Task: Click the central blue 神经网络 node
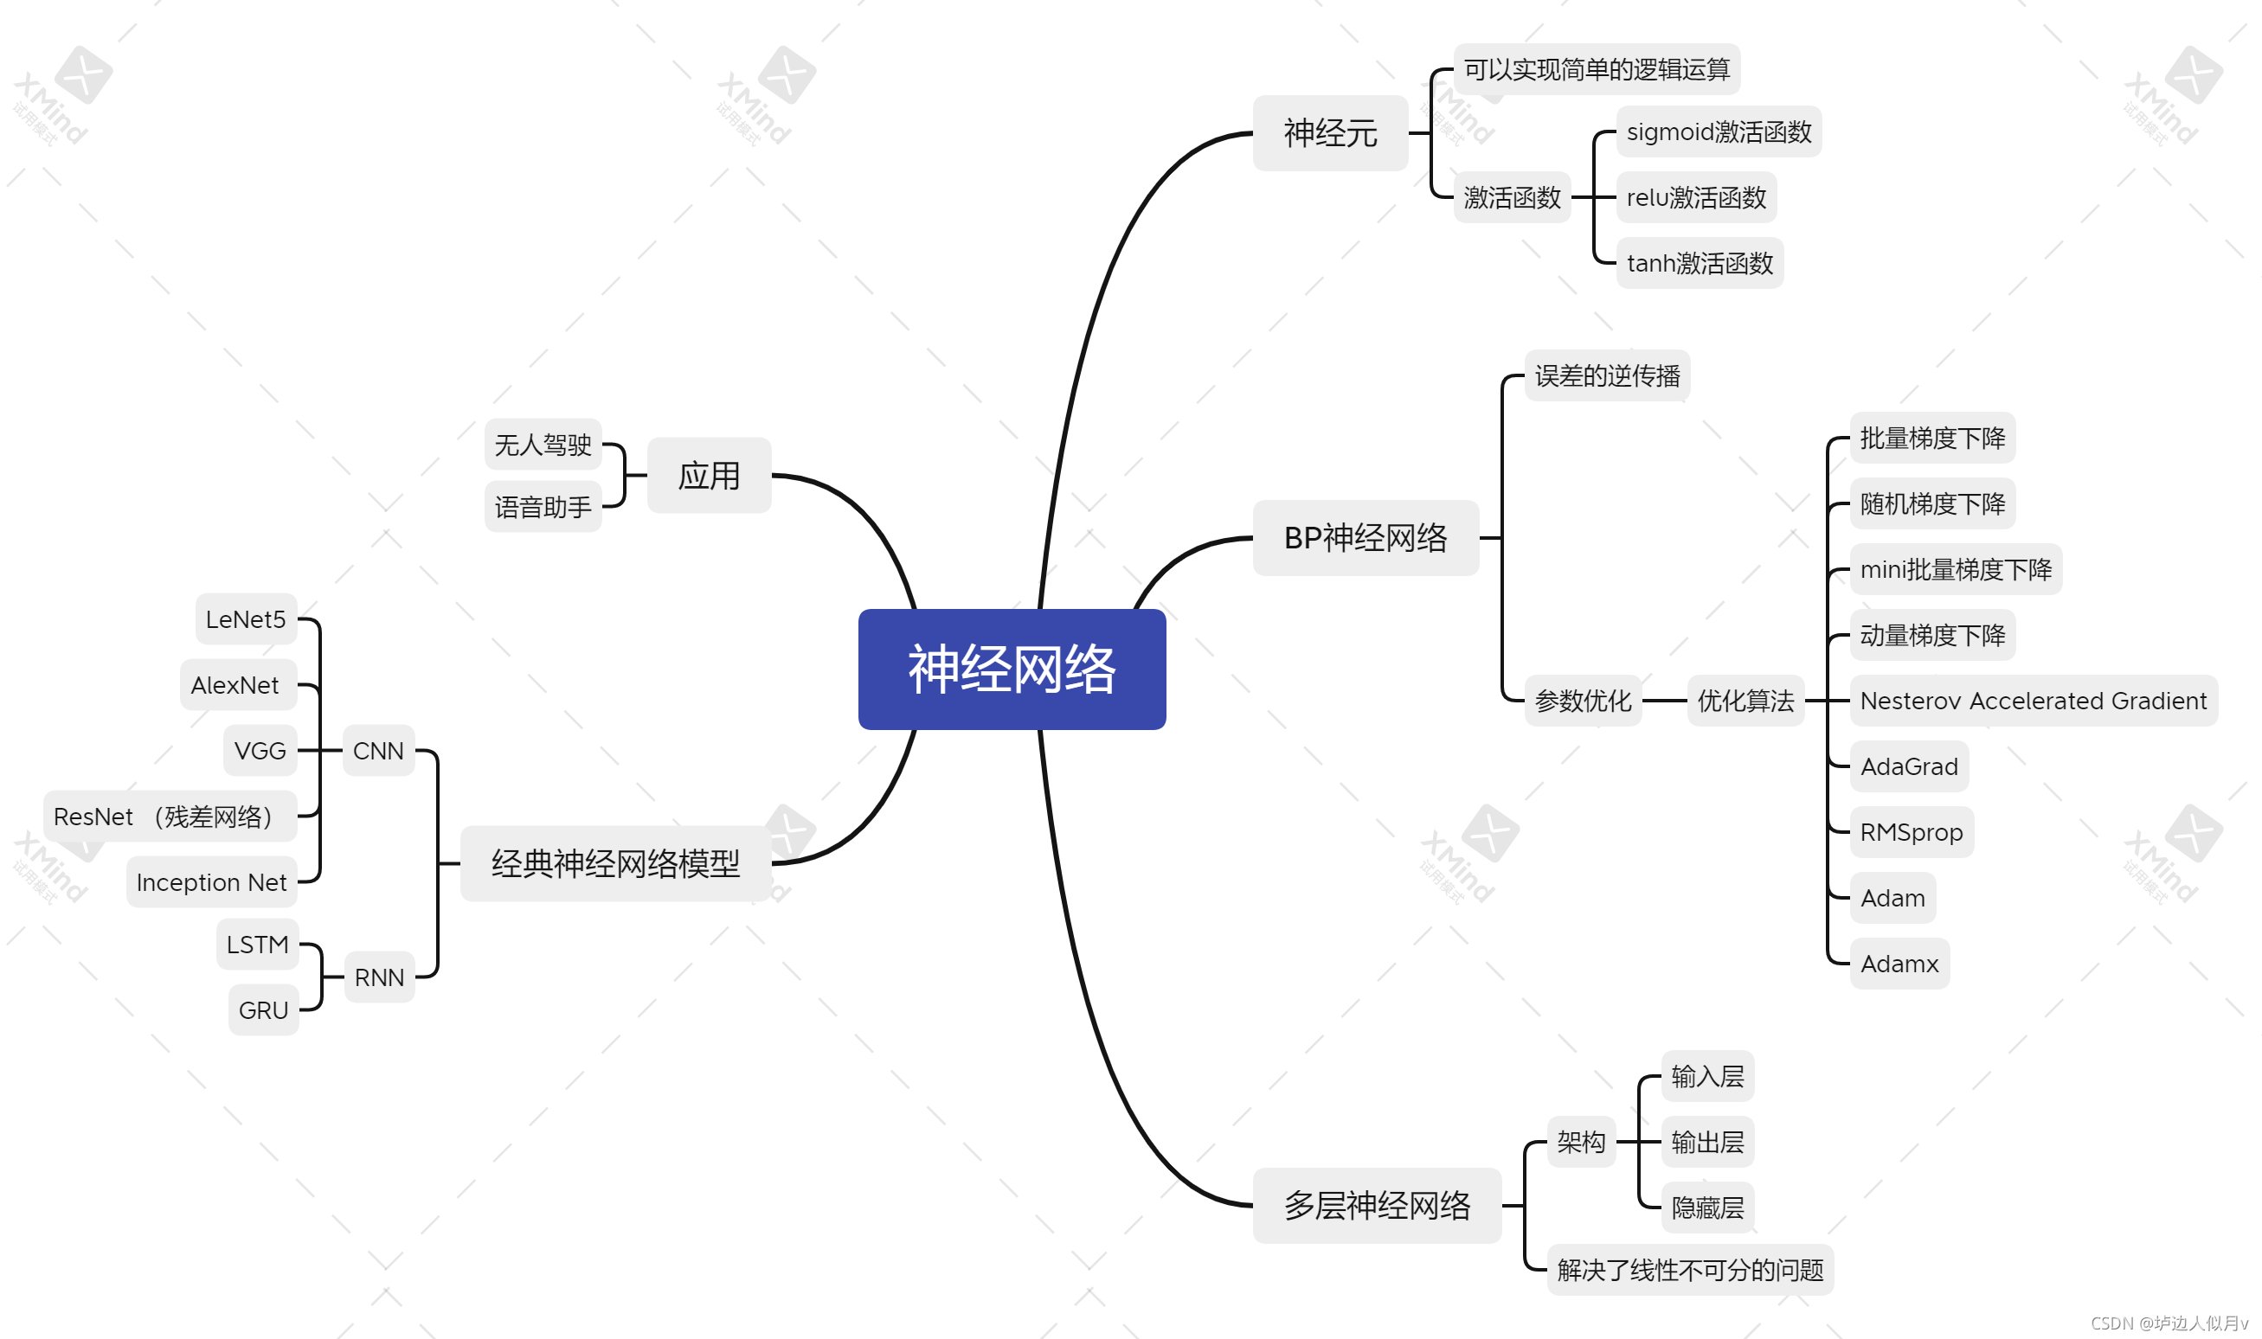pos(1011,669)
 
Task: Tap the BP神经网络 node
pos(1365,538)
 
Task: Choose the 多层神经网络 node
pos(1377,1205)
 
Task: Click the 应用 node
pos(709,476)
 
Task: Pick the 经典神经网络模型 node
pos(614,863)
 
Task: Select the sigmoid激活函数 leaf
pos(1718,131)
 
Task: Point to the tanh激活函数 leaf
pos(1699,263)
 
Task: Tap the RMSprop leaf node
pos(1910,832)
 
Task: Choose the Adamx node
pos(1899,964)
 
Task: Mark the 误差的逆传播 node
pos(1607,375)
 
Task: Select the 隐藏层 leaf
pos(1706,1208)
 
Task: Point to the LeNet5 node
pos(246,619)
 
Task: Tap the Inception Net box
pos(211,881)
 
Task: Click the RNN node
pos(378,977)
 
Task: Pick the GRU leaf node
pos(263,1009)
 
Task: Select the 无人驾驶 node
pos(543,444)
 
